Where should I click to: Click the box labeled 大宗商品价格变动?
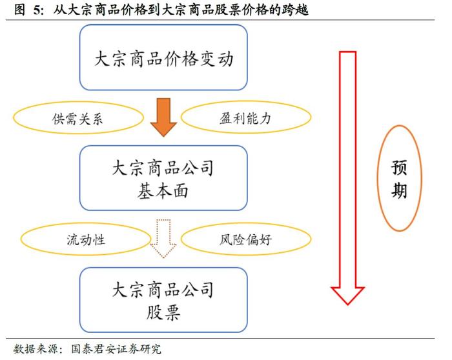[x=163, y=57]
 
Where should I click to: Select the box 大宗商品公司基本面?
[x=163, y=178]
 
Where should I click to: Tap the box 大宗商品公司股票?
[x=163, y=300]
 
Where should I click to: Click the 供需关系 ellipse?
[x=78, y=117]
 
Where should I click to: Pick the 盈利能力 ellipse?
[x=246, y=117]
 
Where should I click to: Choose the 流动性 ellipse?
[x=86, y=239]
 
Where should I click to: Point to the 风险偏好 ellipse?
[x=246, y=239]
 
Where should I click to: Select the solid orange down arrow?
[x=163, y=117]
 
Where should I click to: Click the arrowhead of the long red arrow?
[x=347, y=295]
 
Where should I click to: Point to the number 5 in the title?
[x=37, y=10]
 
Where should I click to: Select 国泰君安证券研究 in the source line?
[x=116, y=349]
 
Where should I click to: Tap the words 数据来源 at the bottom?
[x=35, y=349]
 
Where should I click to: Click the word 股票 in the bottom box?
[x=163, y=312]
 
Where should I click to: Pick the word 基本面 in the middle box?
[x=163, y=191]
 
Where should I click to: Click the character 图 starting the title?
[x=19, y=10]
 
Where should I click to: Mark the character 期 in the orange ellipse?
[x=399, y=190]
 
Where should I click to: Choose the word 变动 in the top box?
[x=216, y=59]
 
